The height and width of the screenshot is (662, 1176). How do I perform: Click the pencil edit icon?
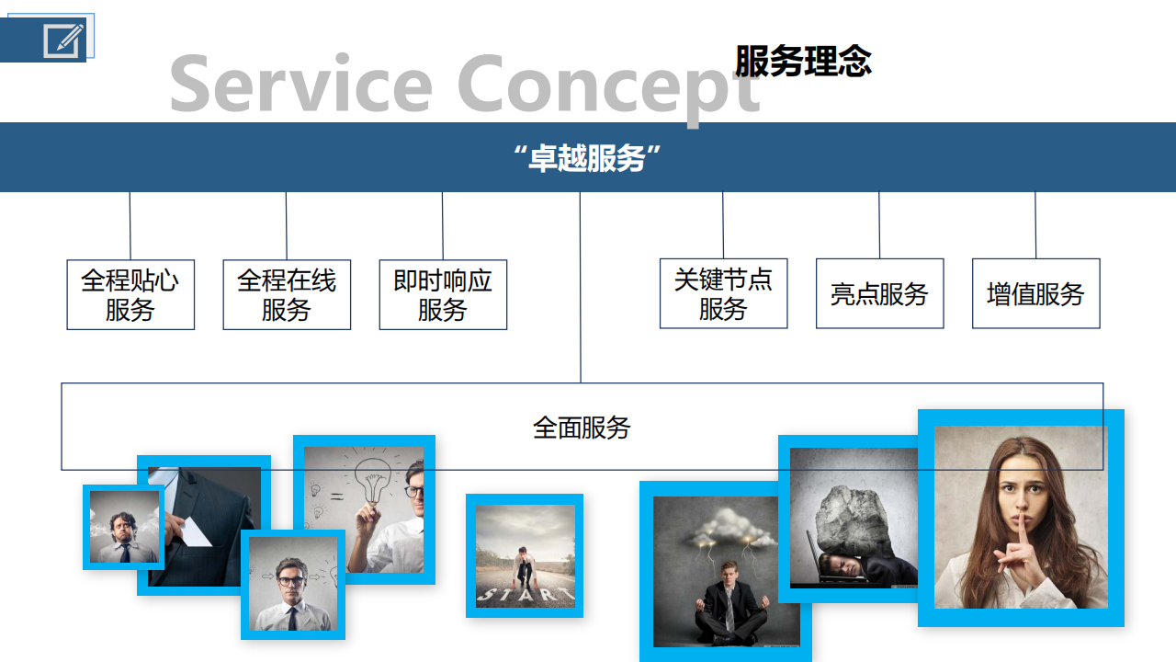[63, 40]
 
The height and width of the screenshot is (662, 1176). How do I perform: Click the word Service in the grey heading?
[301, 84]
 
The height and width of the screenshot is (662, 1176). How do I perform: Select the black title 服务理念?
[803, 61]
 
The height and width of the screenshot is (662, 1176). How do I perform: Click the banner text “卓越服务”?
[587, 157]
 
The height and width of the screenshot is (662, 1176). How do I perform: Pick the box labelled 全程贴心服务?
[130, 295]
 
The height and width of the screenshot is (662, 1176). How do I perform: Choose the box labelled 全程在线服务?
[287, 295]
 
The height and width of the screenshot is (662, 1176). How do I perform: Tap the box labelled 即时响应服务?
[443, 295]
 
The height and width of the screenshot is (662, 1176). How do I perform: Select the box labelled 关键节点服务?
[723, 293]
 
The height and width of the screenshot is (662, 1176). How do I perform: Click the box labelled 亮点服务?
[880, 293]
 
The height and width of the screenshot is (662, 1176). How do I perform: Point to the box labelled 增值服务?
[1035, 293]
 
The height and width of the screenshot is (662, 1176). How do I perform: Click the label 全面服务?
[582, 428]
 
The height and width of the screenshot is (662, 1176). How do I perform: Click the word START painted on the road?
[525, 594]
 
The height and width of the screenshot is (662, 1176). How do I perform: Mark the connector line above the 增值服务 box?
[1035, 225]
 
